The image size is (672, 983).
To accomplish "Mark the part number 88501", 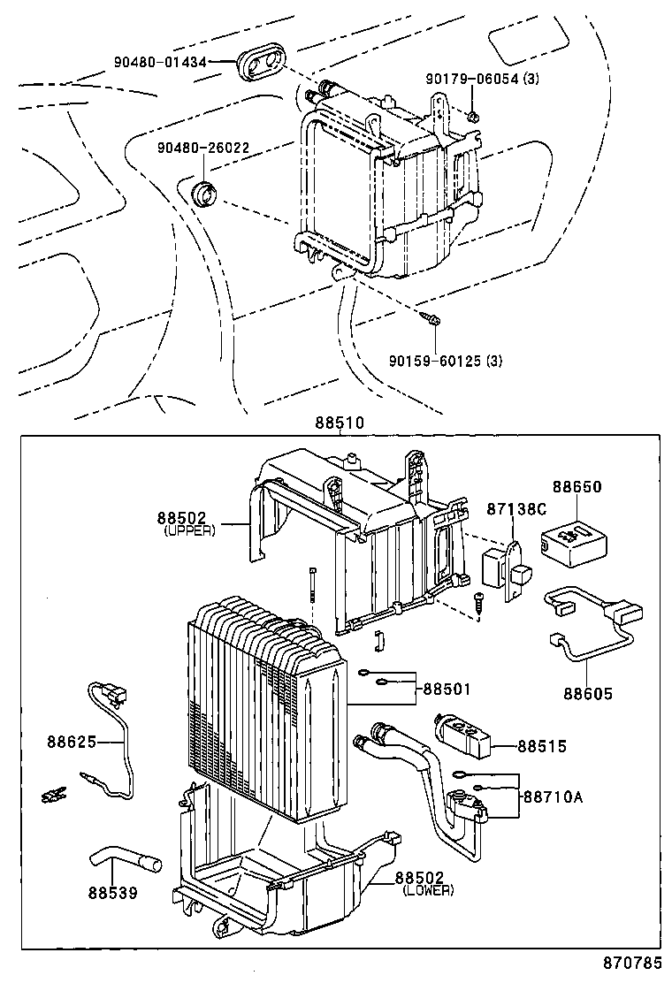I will [447, 689].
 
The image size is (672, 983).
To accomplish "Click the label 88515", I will [542, 746].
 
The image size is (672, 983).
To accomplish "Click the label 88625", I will [72, 741].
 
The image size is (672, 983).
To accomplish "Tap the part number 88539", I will [112, 892].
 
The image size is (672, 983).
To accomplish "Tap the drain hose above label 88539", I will [124, 858].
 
